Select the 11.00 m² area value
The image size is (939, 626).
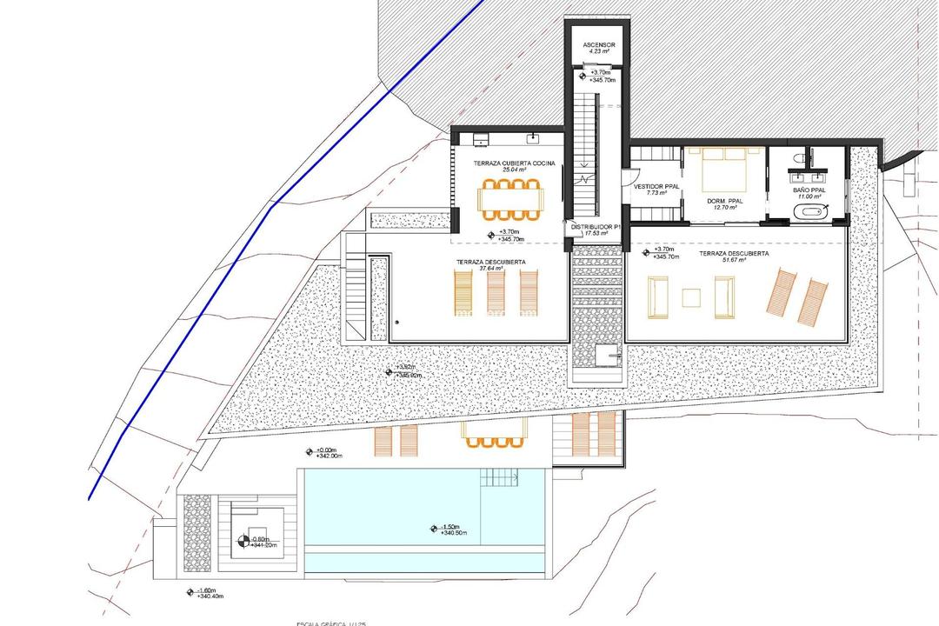click(809, 196)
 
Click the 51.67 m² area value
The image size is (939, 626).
click(733, 261)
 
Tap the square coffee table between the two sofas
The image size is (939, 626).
click(691, 298)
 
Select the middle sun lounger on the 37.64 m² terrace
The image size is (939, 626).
click(494, 293)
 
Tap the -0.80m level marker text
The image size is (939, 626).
click(263, 539)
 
